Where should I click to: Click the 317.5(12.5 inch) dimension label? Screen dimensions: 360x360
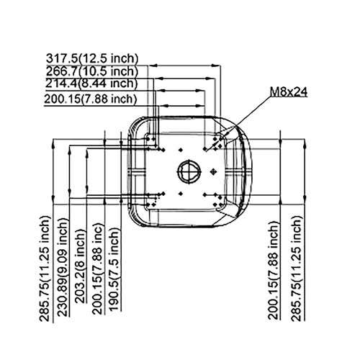pos(92,58)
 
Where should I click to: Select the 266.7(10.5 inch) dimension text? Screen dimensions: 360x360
pos(92,71)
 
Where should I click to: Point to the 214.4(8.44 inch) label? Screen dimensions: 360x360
pos(91,84)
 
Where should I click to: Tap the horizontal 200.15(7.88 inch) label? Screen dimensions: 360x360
pos(91,99)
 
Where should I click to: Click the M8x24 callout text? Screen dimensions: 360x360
pos(289,91)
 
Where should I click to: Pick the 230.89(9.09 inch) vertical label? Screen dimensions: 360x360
pos(63,267)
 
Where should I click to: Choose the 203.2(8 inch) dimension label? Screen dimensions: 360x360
pos(81,266)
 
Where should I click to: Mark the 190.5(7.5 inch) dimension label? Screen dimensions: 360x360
pos(114,269)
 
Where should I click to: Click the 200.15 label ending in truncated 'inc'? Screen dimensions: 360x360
pos(98,269)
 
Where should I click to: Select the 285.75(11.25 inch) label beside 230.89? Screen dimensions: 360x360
pos(45,269)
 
